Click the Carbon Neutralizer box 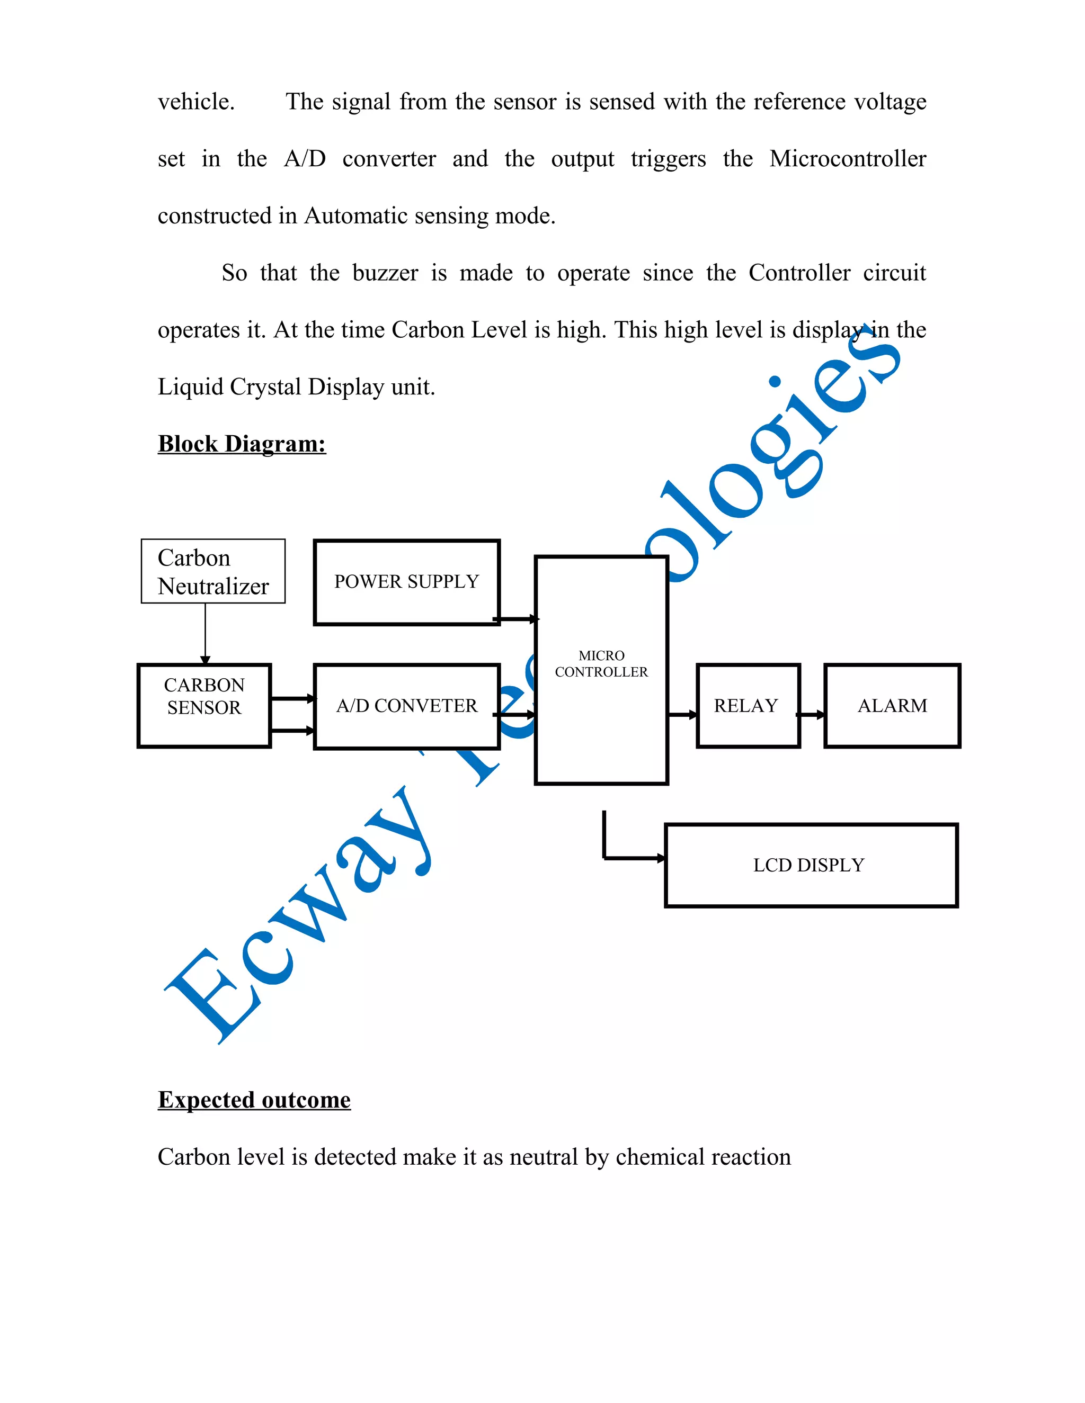pyautogui.click(x=213, y=571)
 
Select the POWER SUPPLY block pyautogui.click(x=406, y=582)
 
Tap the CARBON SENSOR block pyautogui.click(x=204, y=705)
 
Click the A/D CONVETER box pyautogui.click(x=406, y=706)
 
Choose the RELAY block pyautogui.click(x=748, y=705)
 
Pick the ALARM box pyautogui.click(x=892, y=705)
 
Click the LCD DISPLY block pyautogui.click(x=810, y=865)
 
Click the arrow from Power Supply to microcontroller pyautogui.click(x=516, y=619)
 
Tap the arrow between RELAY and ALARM pyautogui.click(x=812, y=714)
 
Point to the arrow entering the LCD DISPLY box pyautogui.click(x=633, y=858)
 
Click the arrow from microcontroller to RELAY pyautogui.click(x=682, y=714)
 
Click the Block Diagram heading pyautogui.click(x=242, y=444)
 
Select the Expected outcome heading pyautogui.click(x=254, y=1100)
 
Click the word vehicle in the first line pyautogui.click(x=196, y=102)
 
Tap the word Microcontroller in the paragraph pyautogui.click(x=847, y=159)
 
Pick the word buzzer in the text pyautogui.click(x=385, y=273)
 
